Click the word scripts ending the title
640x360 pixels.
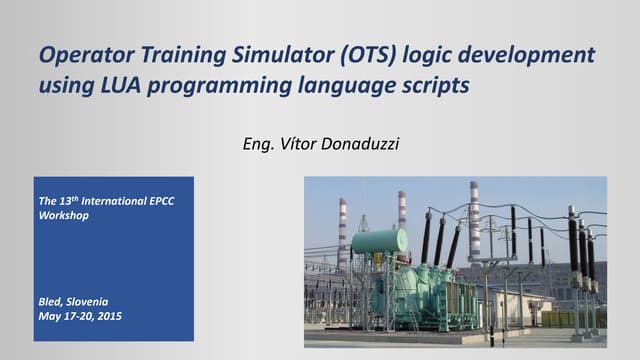click(x=435, y=86)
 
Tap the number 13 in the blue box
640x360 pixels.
click(x=65, y=202)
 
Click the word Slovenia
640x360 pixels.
click(x=91, y=301)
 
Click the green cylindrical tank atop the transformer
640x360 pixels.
click(x=380, y=241)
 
